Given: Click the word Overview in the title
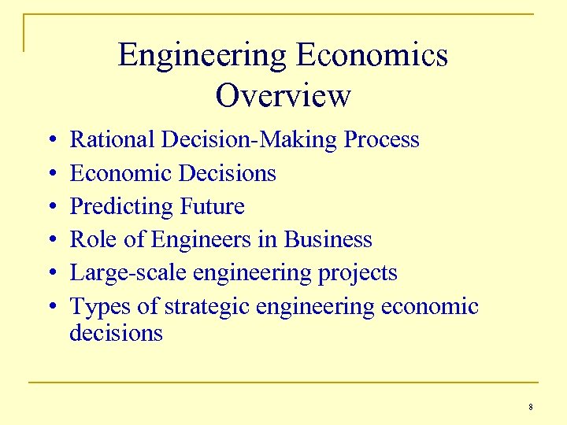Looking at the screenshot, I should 283,96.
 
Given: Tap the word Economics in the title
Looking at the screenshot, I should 372,56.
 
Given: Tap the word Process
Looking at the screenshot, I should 382,140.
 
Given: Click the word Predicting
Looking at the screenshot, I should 122,207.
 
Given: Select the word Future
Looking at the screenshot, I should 213,206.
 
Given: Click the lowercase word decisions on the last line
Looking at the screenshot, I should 116,333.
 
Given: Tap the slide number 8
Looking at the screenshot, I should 531,407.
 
